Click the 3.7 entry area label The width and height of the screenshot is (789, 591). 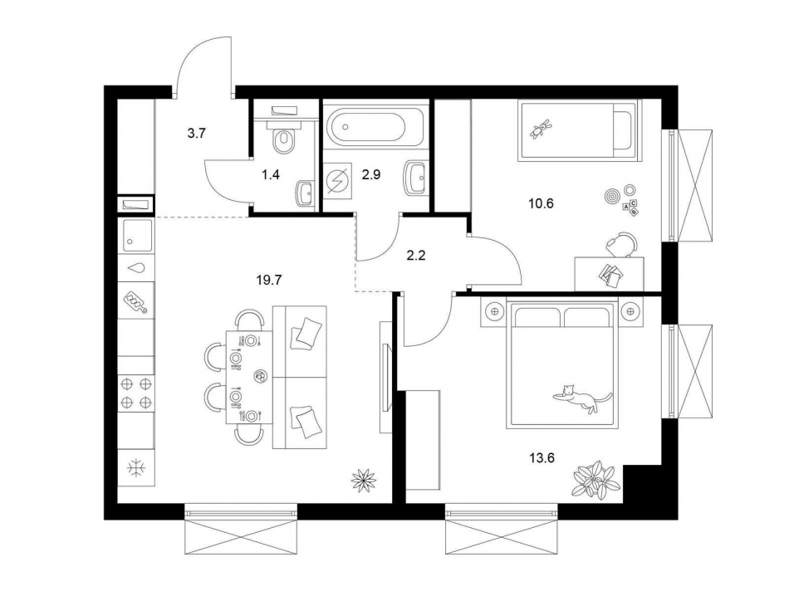(x=197, y=132)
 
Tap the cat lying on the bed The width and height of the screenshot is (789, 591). (x=581, y=398)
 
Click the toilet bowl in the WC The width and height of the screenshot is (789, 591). (x=284, y=139)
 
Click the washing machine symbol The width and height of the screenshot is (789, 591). (x=338, y=180)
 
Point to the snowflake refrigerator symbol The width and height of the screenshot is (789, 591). (x=135, y=467)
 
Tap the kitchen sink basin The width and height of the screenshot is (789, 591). (x=137, y=235)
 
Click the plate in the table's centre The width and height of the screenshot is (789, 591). (x=260, y=376)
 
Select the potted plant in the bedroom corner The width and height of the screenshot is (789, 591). (x=595, y=480)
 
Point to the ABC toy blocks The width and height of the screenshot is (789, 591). (x=630, y=207)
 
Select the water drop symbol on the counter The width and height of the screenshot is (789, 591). (x=136, y=268)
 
